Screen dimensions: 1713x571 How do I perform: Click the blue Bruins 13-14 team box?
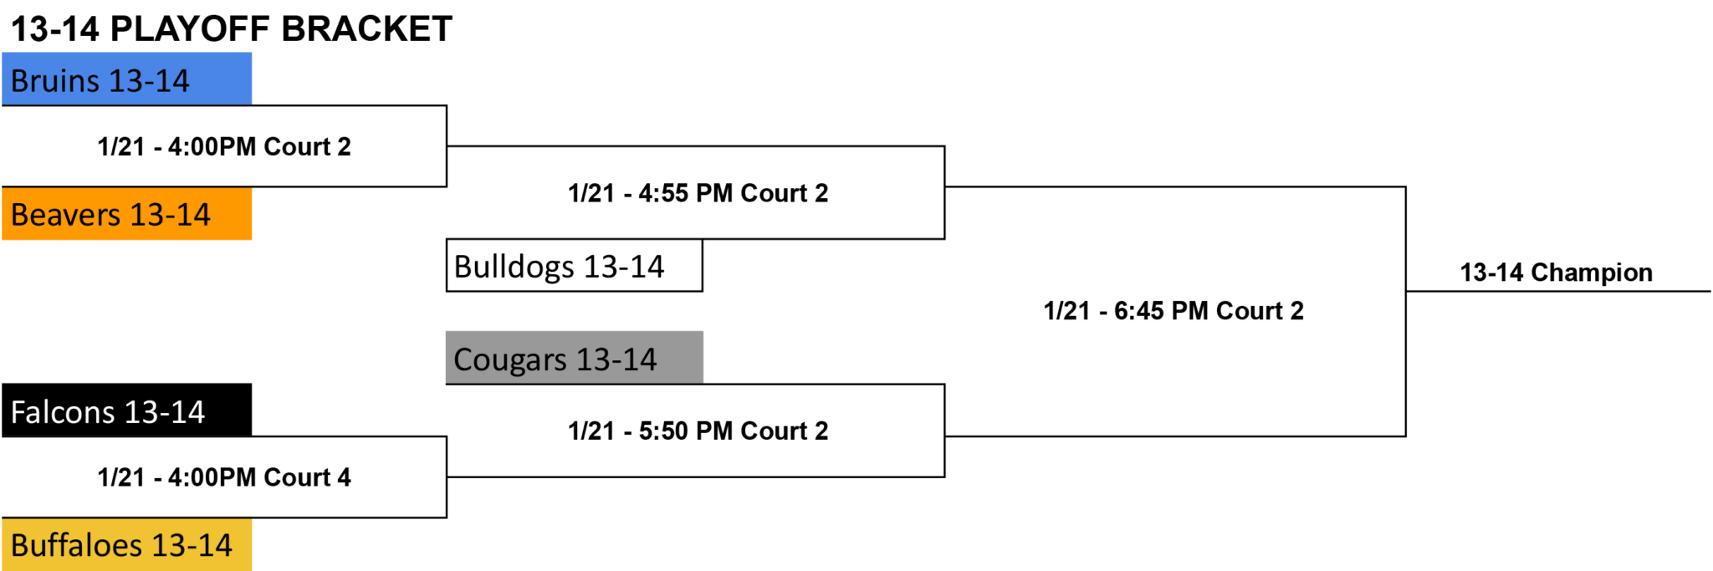[126, 79]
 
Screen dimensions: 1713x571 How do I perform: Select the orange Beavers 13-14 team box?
[126, 213]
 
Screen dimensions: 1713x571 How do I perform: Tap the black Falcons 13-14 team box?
[126, 410]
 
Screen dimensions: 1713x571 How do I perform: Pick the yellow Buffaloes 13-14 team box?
[126, 544]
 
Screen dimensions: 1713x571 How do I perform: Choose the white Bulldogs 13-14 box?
[575, 266]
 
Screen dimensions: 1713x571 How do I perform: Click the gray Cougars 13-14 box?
[575, 358]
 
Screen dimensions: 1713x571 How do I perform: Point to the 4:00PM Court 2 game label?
[224, 146]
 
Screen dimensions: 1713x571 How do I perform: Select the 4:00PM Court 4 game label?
[224, 477]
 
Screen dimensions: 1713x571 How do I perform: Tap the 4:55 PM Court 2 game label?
[698, 193]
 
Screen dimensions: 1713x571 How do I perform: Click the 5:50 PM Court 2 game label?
[698, 431]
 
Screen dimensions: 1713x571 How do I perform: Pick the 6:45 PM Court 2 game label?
[1174, 311]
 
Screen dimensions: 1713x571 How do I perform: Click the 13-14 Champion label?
[1557, 273]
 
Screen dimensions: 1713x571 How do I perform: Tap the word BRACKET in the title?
[366, 29]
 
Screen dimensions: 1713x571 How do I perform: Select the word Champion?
[1592, 273]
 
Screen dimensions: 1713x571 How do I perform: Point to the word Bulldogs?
[514, 267]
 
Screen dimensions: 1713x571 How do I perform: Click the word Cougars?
[510, 359]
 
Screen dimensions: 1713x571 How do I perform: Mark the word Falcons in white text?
[63, 412]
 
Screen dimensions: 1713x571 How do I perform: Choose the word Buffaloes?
[76, 545]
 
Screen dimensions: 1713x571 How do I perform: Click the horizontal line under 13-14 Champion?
[1558, 292]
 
